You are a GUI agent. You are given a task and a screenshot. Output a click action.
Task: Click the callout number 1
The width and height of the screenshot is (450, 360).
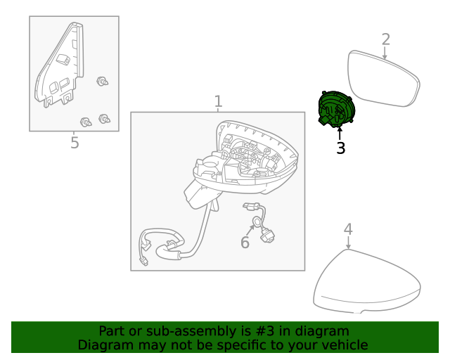tap(218, 101)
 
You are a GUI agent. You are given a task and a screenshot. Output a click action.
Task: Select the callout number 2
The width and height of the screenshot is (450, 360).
tap(385, 39)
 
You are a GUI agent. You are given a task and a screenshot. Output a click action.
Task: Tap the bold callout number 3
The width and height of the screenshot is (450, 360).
tap(340, 148)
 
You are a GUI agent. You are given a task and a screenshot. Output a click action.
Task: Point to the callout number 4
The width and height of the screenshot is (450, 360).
tap(347, 229)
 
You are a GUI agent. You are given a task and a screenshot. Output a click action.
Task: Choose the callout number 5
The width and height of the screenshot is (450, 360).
tap(75, 143)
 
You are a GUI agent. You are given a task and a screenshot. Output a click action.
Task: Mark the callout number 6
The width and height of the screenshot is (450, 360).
tap(245, 243)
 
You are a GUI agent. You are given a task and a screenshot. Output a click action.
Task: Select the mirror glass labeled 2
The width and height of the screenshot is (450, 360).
tap(383, 79)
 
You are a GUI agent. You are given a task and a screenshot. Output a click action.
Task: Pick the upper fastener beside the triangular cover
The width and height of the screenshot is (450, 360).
tap(103, 82)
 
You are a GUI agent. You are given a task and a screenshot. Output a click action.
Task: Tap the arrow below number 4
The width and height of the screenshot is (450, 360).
tap(349, 243)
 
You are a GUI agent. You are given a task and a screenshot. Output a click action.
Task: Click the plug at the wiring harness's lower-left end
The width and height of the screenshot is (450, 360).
tap(144, 262)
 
